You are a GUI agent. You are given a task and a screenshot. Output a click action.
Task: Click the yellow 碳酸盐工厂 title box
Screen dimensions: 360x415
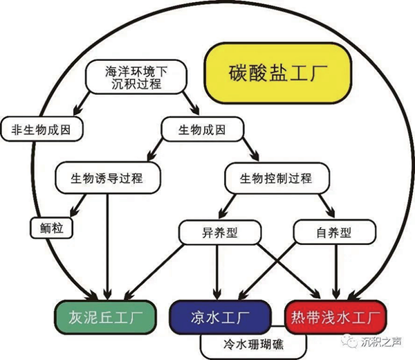(x=275, y=72)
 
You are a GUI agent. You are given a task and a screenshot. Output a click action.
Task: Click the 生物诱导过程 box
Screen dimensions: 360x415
(x=107, y=178)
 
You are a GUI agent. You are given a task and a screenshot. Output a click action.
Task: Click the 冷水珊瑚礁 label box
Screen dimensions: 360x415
(x=252, y=343)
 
